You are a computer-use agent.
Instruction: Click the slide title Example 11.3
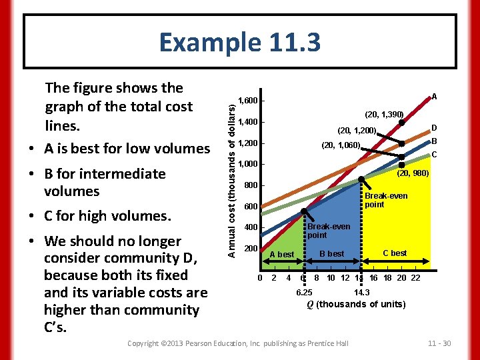pos(239,42)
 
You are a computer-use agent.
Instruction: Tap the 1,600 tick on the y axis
pos(249,101)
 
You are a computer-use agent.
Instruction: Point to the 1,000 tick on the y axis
pos(249,164)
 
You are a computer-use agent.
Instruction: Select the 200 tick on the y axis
pos(249,248)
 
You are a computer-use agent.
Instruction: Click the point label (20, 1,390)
pos(384,115)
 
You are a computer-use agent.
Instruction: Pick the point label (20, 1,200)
pos(357,131)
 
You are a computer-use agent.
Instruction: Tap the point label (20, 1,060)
pos(341,146)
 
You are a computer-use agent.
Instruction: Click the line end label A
pos(434,96)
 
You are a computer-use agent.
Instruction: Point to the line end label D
pos(433,127)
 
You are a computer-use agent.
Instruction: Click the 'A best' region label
pos(281,255)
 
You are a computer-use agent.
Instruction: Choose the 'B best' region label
pos(331,253)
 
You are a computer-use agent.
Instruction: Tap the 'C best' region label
pos(395,253)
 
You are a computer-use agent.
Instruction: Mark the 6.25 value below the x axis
pos(303,292)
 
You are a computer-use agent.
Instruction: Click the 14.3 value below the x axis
pos(361,292)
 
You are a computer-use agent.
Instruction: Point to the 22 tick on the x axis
pos(415,278)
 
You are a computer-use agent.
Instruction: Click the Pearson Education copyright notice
pos(237,343)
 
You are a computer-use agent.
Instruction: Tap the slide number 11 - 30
pos(438,343)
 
